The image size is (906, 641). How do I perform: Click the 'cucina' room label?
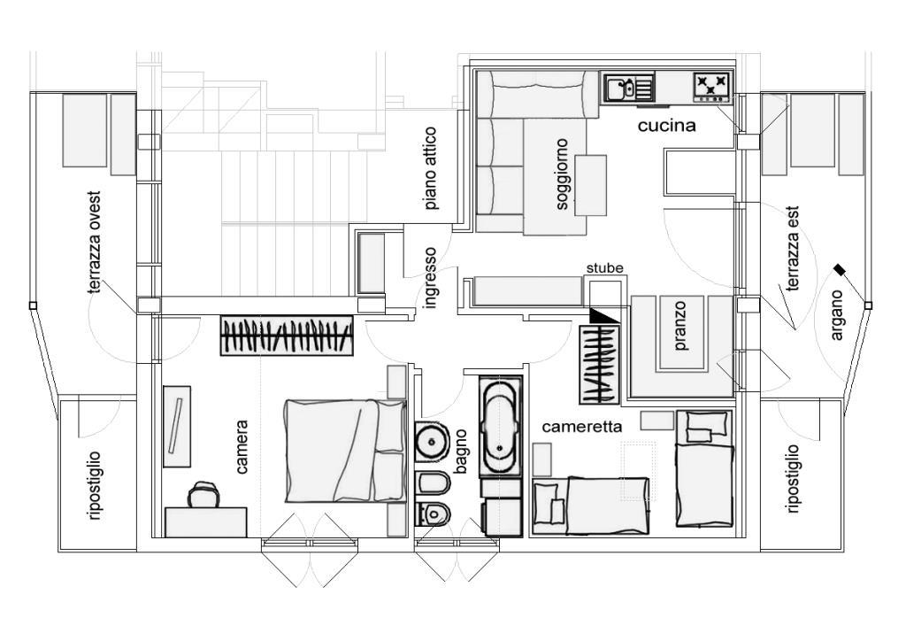coord(666,126)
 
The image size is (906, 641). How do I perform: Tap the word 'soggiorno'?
coord(562,174)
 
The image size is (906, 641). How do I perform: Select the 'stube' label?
coord(605,268)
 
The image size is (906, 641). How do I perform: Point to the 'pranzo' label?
coord(680,326)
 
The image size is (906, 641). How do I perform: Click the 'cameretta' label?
coord(582,427)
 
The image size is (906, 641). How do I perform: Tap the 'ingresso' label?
coord(429,278)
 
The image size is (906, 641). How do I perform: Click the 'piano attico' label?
coord(431,169)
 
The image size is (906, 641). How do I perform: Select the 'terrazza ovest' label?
coord(95,243)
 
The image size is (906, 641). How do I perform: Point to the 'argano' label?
coord(837,315)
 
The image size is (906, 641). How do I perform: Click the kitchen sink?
coord(629,89)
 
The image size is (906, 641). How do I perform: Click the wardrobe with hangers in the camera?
coord(287,336)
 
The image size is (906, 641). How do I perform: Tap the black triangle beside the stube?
coord(603,315)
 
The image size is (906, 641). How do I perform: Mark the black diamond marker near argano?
coord(839,269)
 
